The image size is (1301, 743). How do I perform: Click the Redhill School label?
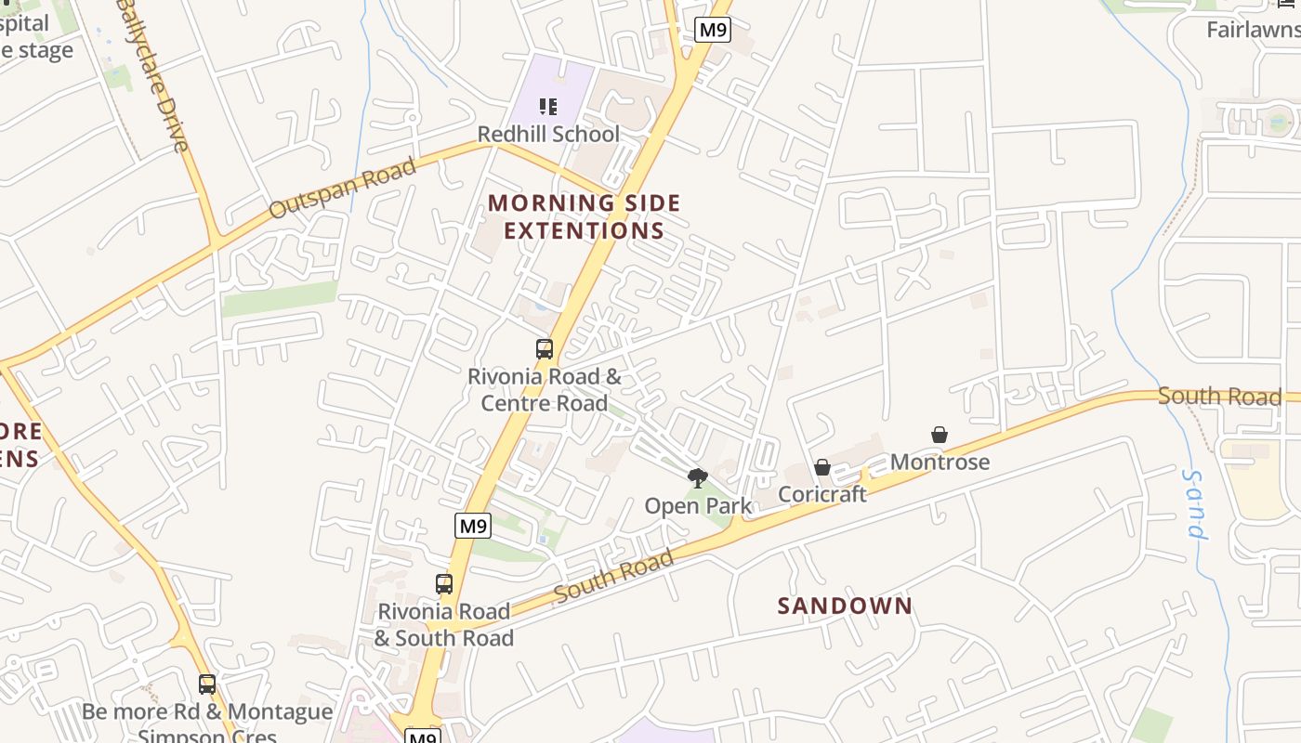pyautogui.click(x=548, y=135)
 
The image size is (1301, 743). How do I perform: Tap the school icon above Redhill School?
pyautogui.click(x=548, y=107)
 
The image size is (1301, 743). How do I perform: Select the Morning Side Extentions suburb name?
pyautogui.click(x=585, y=216)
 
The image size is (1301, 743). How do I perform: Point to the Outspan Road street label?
pyautogui.click(x=342, y=189)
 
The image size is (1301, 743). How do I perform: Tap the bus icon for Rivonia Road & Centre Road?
pyautogui.click(x=545, y=349)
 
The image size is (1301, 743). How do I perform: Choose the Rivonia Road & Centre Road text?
pyautogui.click(x=545, y=390)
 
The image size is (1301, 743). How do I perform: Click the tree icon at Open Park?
pyautogui.click(x=697, y=478)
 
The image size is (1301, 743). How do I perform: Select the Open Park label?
pyautogui.click(x=698, y=506)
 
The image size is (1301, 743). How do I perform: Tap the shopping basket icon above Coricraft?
pyautogui.click(x=822, y=467)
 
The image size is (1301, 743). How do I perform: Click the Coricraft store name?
pyautogui.click(x=822, y=494)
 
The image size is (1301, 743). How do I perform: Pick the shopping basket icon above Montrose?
pyautogui.click(x=940, y=435)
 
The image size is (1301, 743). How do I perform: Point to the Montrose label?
pyautogui.click(x=940, y=462)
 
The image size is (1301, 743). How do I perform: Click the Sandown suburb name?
pyautogui.click(x=845, y=606)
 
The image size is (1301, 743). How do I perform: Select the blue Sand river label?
pyautogui.click(x=1195, y=504)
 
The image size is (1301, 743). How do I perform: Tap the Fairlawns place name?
pyautogui.click(x=1252, y=30)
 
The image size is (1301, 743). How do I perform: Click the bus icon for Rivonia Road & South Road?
pyautogui.click(x=444, y=584)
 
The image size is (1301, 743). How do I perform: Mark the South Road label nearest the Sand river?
pyautogui.click(x=1219, y=397)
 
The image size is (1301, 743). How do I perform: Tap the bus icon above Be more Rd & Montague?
pyautogui.click(x=207, y=684)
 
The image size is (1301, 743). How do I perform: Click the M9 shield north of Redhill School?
pyautogui.click(x=713, y=30)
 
